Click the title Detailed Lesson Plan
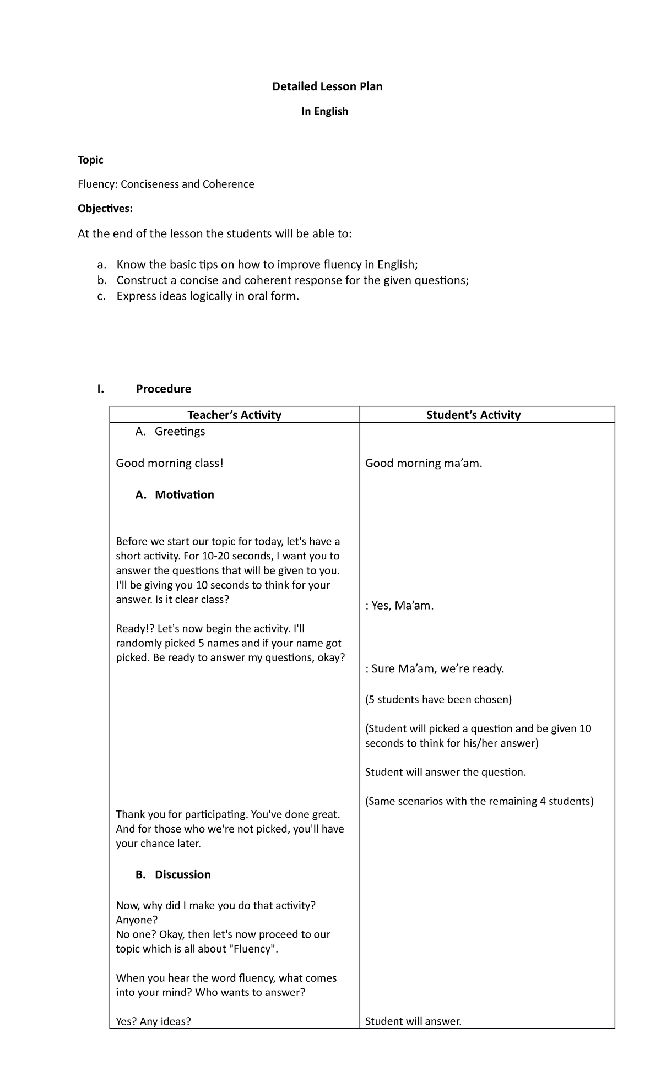(327, 86)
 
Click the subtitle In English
(324, 111)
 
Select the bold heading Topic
(90, 160)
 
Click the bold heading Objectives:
(105, 209)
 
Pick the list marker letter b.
(101, 280)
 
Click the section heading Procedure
(163, 389)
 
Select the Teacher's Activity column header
(234, 415)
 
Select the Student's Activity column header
(473, 415)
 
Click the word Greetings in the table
(180, 432)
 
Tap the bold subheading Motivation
(184, 494)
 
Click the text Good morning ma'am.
(424, 463)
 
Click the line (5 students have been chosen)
(438, 699)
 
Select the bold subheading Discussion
(182, 874)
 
